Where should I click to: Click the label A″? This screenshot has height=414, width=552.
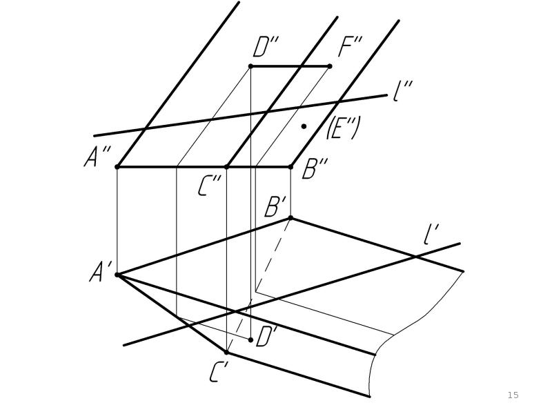coord(97,157)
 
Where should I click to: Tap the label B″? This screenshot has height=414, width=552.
coord(315,168)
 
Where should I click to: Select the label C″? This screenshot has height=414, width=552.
coord(209,186)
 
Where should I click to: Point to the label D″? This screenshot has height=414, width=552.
coord(266,47)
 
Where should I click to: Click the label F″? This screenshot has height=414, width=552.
coord(350,47)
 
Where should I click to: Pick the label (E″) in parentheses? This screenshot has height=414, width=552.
coord(343,128)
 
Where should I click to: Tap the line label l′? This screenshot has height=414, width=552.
coord(431,234)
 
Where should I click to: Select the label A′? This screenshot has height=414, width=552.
coord(100,272)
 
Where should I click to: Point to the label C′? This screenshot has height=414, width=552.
coord(219,372)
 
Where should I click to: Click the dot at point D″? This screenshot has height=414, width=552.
coord(250,66)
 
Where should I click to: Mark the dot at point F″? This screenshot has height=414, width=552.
coord(330,66)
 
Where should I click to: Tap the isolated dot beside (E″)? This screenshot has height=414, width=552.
coord(304,126)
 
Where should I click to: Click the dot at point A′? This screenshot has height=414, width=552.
coord(117,275)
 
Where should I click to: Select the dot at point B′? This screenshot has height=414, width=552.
coord(290,218)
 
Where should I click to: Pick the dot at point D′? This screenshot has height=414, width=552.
coord(250,339)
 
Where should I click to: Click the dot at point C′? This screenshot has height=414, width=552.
coord(226,352)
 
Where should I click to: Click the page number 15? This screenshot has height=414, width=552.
coord(513,395)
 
